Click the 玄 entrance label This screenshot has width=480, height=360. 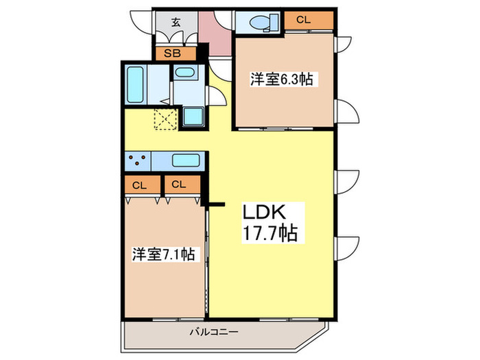(176, 22)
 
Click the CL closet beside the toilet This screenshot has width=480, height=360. (304, 21)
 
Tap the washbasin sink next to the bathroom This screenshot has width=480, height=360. (183, 73)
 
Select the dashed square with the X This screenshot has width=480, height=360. (165, 119)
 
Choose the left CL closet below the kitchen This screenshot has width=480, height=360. (140, 184)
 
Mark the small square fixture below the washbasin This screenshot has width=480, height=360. (193, 116)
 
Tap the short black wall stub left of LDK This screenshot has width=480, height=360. (217, 204)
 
